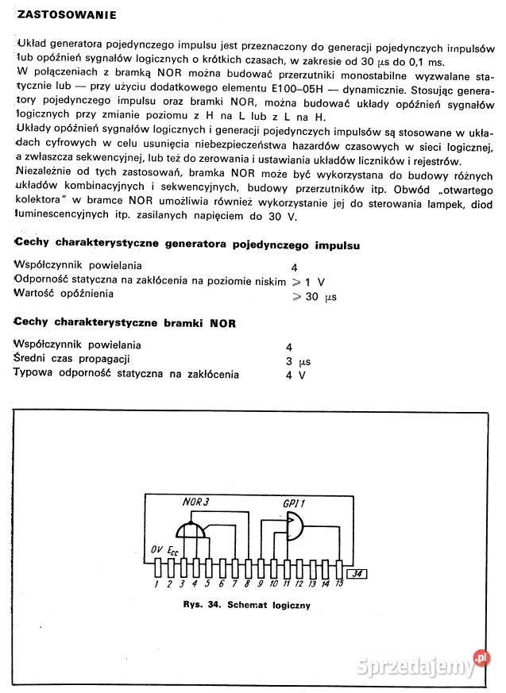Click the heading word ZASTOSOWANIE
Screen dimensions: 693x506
(67, 15)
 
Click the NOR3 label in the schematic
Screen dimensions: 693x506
(195, 502)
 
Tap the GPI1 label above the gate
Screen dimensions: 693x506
(295, 503)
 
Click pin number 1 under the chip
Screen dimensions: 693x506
(157, 584)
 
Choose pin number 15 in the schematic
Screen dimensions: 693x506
(339, 584)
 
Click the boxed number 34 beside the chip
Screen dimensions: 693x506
(358, 573)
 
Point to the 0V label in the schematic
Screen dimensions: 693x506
(157, 549)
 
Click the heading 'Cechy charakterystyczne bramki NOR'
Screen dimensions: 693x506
(125, 324)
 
